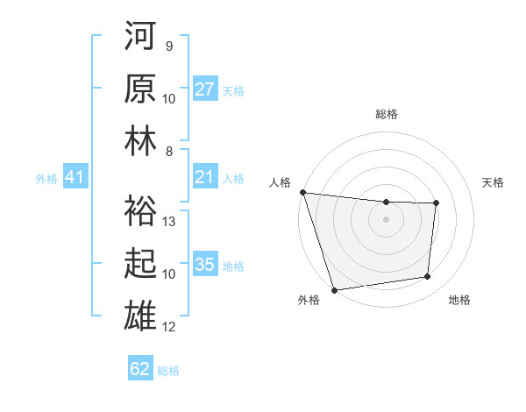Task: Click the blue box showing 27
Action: (x=205, y=89)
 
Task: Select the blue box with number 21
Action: (x=205, y=178)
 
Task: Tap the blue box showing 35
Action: (x=205, y=266)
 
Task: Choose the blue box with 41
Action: (x=75, y=178)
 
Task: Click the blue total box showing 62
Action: (x=140, y=369)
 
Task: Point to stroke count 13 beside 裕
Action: (x=170, y=222)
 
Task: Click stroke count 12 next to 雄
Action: (x=170, y=327)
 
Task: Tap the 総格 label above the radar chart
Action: (x=386, y=114)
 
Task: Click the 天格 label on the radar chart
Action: (x=494, y=182)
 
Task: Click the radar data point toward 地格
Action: (x=428, y=277)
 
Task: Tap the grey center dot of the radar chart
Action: (x=386, y=219)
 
